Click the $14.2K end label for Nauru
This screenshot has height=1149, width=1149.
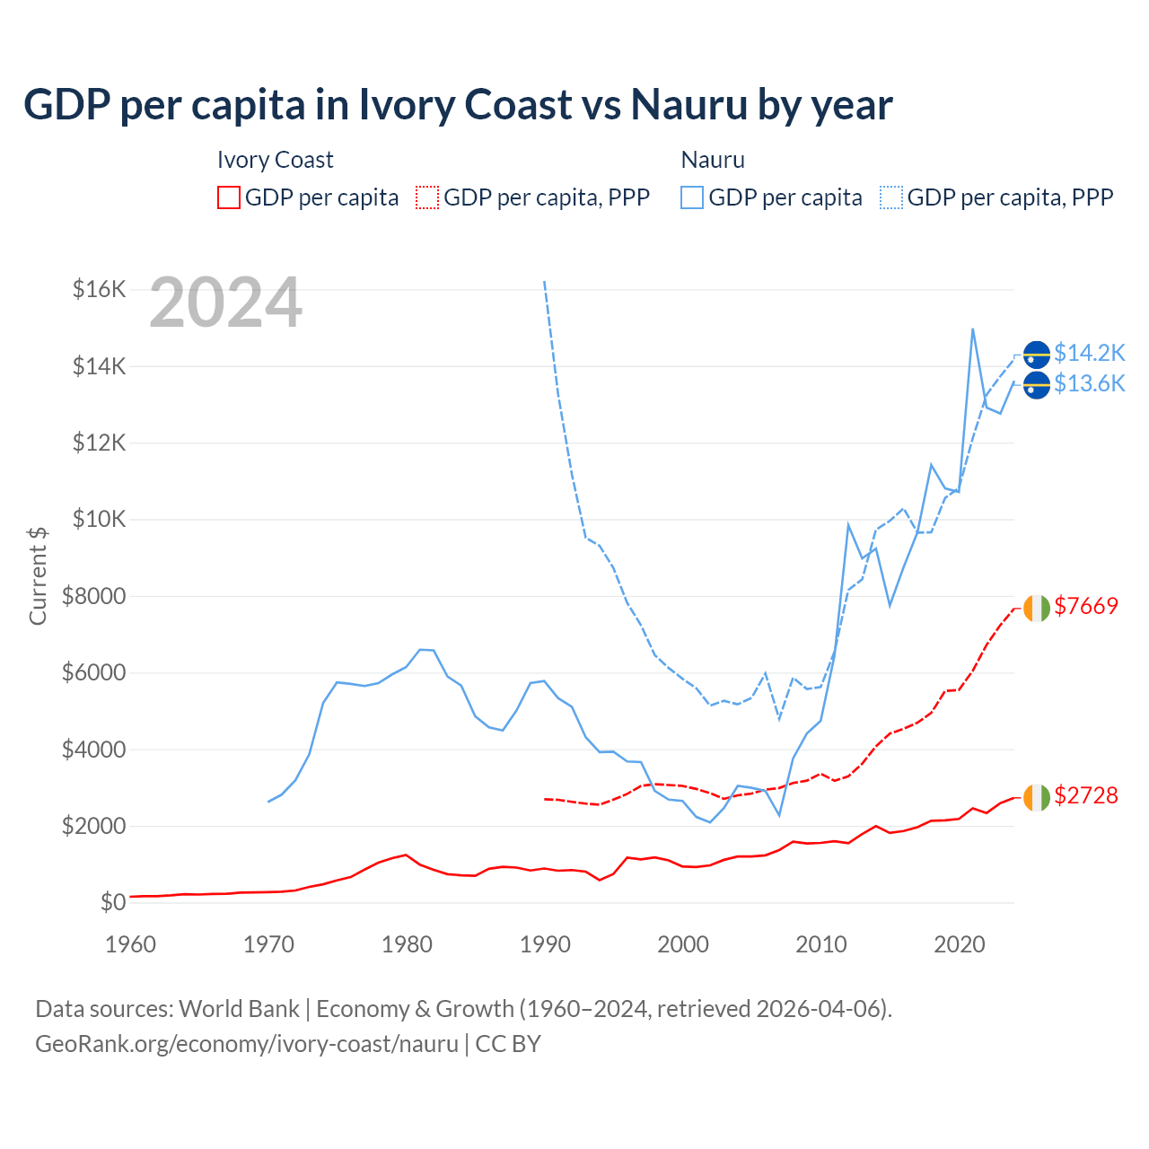tap(1089, 353)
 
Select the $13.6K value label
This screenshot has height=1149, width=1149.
tap(1089, 384)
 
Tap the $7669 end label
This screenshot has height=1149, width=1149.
tap(1086, 606)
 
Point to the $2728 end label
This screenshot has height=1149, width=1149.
tap(1086, 795)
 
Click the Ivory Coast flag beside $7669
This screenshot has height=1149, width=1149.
tap(1037, 608)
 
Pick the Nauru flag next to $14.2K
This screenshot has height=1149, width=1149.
tap(1037, 355)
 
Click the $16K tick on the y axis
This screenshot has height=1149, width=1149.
tap(100, 289)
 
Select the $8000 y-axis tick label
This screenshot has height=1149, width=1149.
tap(93, 596)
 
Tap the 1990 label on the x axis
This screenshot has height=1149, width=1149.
tap(546, 944)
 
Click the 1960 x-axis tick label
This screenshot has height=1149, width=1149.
tap(131, 944)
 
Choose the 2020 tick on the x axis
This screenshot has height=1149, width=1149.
tap(960, 944)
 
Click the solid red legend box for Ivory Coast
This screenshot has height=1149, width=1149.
tap(229, 197)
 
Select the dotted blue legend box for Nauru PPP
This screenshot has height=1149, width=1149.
tap(891, 197)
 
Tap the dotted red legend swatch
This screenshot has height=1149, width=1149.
tap(428, 197)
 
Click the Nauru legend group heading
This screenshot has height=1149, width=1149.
tap(713, 160)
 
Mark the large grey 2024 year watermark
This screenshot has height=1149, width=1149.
tap(225, 303)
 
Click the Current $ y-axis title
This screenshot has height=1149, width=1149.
tap(38, 576)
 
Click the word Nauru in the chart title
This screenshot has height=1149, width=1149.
tap(689, 105)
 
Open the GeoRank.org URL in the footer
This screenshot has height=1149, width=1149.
tap(247, 1044)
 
